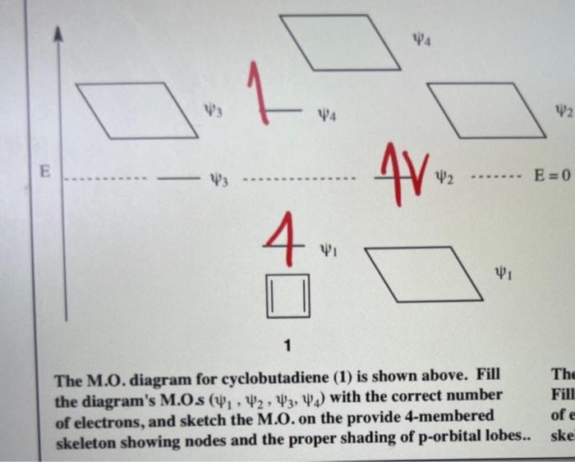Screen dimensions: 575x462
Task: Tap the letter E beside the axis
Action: point(46,172)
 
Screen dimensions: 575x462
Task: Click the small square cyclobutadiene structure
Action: point(287,295)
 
